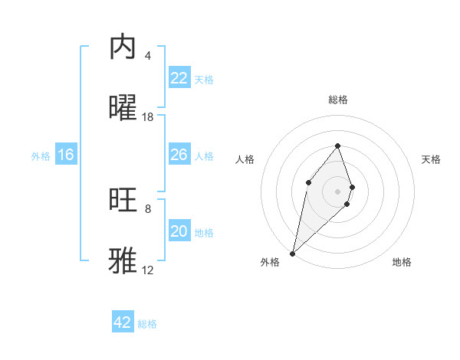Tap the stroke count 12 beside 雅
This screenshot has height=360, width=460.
tap(148, 270)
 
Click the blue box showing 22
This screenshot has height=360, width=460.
tap(179, 78)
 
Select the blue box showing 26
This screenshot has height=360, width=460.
tap(179, 155)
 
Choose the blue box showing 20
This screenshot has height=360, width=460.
tap(179, 231)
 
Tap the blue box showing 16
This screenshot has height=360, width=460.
tap(66, 155)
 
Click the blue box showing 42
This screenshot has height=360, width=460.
tap(123, 322)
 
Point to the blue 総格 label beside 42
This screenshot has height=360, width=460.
tap(147, 324)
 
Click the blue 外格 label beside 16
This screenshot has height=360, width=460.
tap(41, 156)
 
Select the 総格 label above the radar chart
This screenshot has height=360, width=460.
tap(338, 100)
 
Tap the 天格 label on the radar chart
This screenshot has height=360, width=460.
tap(432, 159)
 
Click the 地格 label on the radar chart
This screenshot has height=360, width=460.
tap(402, 262)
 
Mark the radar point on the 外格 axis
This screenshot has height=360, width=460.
tap(292, 253)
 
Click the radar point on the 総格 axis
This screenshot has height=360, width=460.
tap(337, 146)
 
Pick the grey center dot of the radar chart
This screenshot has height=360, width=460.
tap(337, 191)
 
